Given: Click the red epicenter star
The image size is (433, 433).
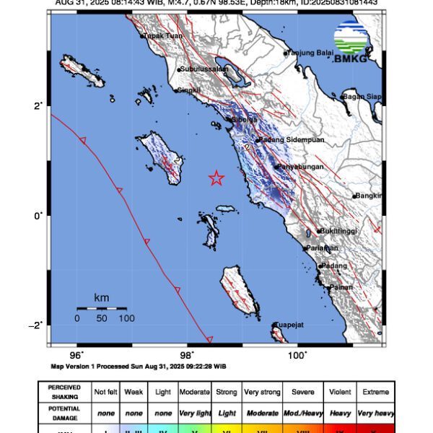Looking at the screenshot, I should click(216, 178).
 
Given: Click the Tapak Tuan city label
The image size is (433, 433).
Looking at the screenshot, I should click(162, 35).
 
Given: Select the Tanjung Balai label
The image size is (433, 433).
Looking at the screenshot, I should click(311, 53).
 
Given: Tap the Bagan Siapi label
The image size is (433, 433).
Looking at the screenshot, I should click(362, 96).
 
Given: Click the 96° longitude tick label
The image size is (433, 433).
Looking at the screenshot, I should click(76, 354).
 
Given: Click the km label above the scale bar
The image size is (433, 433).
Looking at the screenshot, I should click(101, 297).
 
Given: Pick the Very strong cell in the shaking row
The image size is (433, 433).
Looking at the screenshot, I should click(261, 392).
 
